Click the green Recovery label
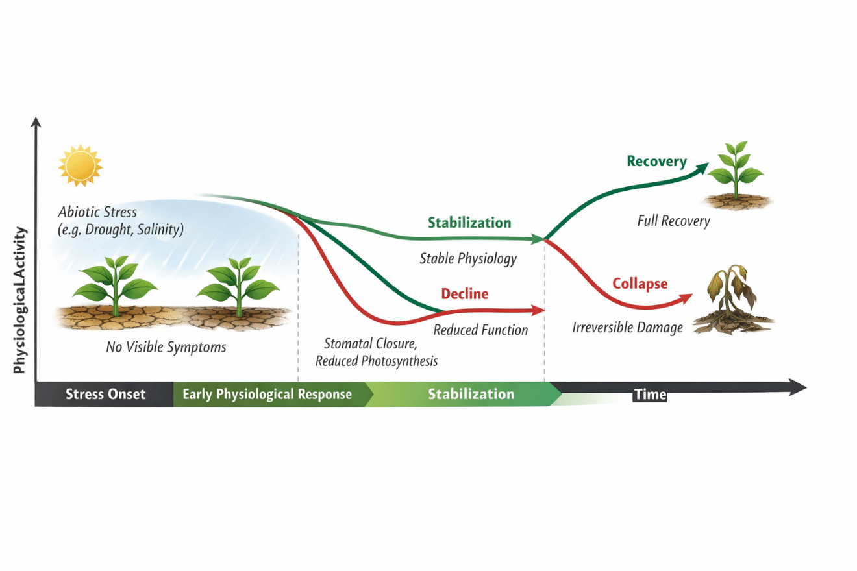coord(656,162)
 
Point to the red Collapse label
coord(640,284)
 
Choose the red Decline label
coord(465,294)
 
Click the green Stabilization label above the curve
coord(469,223)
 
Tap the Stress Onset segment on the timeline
coord(105,395)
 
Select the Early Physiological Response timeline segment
coord(267,395)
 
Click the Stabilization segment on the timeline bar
coord(471,395)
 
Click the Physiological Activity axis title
coord(19,300)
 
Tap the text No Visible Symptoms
coord(166,348)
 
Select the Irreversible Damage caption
coord(627,328)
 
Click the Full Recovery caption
coord(673,221)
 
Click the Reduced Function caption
coord(480,330)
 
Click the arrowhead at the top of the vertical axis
coord(37,121)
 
